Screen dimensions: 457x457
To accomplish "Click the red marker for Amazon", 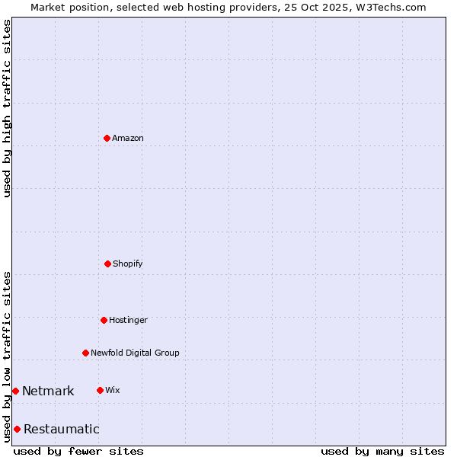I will (107, 138).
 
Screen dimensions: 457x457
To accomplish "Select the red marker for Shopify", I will (107, 264).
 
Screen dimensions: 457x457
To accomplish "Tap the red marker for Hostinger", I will (104, 320).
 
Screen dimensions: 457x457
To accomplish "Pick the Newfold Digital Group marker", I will (85, 353).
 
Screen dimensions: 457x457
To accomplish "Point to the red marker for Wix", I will (100, 390).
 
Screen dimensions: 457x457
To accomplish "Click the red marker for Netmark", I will (15, 391).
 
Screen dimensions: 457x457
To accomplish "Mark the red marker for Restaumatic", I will (17, 429).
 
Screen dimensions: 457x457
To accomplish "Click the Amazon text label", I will (128, 138).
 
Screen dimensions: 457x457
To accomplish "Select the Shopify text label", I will (128, 264).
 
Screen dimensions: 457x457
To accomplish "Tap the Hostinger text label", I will (128, 320).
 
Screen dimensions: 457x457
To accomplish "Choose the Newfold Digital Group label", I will (135, 353).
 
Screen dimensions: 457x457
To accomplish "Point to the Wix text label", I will (112, 390).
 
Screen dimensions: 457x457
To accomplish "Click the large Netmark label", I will (48, 391).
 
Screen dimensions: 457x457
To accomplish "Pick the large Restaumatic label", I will (61, 429).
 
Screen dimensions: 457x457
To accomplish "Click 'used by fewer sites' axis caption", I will (78, 451).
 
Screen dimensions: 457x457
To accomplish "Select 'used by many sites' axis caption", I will (382, 451).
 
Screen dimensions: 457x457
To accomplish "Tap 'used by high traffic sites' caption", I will (7, 108).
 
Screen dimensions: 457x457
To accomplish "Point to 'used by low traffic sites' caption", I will (7, 356).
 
